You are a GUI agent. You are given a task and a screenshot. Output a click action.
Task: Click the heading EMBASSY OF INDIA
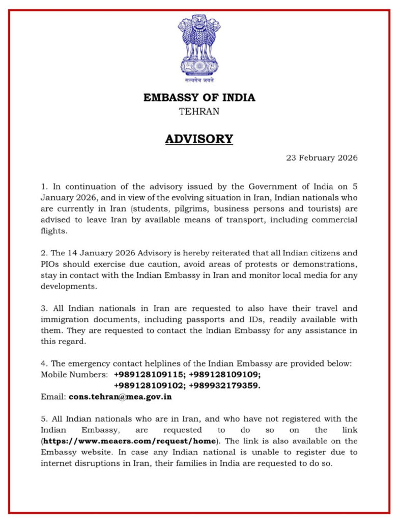[199, 97]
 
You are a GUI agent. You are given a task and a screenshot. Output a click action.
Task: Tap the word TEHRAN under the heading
[199, 111]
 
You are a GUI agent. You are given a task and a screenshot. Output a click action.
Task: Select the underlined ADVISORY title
[199, 139]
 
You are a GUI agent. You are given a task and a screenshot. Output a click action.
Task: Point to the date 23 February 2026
[322, 158]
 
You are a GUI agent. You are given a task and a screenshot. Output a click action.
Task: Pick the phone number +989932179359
[224, 385]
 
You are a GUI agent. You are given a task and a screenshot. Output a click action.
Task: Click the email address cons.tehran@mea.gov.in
[120, 396]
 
